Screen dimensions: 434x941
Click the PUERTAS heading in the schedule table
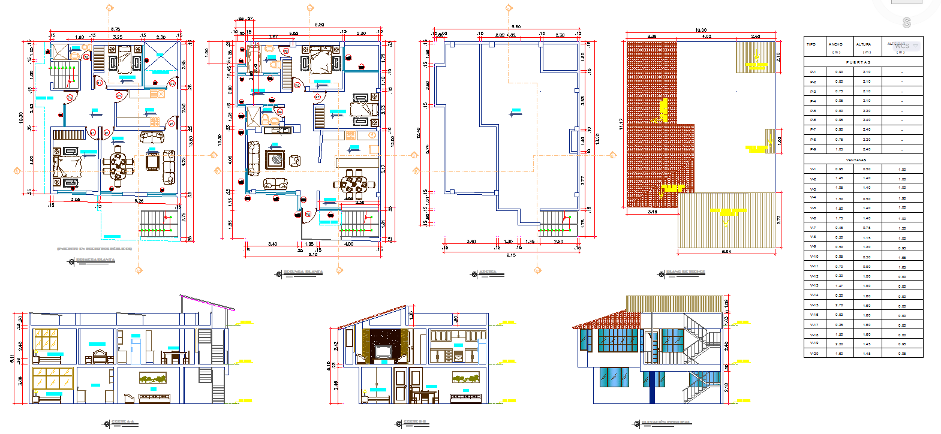(x=858, y=62)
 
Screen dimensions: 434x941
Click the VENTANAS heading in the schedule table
(x=856, y=160)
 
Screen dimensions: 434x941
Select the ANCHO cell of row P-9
(x=839, y=149)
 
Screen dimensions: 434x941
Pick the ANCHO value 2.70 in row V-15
(x=839, y=306)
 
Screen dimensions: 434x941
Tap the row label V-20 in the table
(x=814, y=354)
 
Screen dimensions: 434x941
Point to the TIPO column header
(x=811, y=44)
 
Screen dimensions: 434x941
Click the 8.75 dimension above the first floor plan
(x=115, y=29)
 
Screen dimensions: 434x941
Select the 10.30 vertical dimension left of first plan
(x=21, y=117)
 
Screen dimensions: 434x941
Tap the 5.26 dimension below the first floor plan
(x=139, y=201)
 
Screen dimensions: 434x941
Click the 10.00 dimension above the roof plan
(x=701, y=30)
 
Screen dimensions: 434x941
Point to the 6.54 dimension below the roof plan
(x=726, y=252)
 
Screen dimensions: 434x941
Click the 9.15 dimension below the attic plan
(x=510, y=255)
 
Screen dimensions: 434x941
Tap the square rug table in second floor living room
(x=275, y=159)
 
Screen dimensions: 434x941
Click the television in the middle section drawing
(x=383, y=350)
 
